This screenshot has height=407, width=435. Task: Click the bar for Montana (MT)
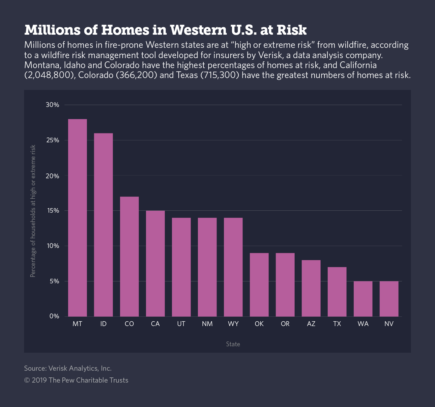(77, 217)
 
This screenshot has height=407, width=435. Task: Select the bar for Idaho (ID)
(103, 225)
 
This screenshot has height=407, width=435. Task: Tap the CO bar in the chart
(129, 256)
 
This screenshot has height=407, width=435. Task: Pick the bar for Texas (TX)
(337, 292)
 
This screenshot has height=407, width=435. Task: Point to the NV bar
(389, 299)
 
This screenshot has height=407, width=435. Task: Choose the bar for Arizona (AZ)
(311, 288)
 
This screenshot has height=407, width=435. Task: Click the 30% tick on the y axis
(52, 105)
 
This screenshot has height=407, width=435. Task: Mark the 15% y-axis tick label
(52, 211)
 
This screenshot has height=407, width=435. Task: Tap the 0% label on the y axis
(54, 316)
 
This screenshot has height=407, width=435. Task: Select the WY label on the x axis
(233, 324)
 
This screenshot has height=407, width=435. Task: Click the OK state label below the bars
(259, 324)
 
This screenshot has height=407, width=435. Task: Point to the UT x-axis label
(181, 324)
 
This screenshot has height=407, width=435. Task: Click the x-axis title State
(233, 344)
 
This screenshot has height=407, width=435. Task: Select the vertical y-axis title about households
(33, 211)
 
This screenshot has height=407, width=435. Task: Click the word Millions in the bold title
(50, 30)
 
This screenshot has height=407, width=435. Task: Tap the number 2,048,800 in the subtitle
(49, 75)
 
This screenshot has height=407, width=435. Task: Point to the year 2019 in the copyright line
(39, 380)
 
